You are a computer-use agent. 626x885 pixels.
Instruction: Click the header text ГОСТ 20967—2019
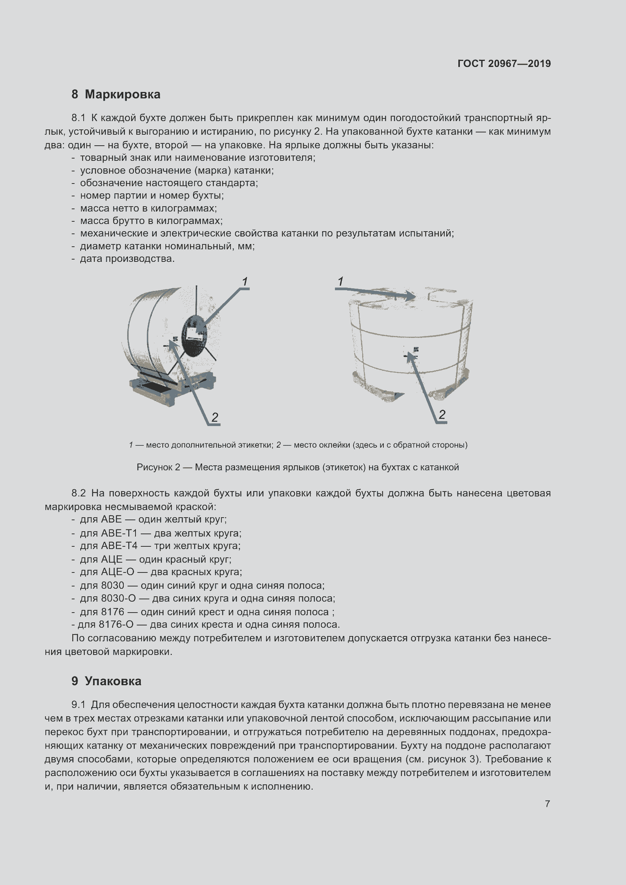coord(504,64)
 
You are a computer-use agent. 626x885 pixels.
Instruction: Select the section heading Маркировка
coord(122,95)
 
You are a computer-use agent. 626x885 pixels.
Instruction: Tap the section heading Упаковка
coord(113,681)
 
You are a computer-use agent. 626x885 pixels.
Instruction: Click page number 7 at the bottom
coord(547,804)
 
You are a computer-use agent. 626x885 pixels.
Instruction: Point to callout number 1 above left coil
coord(245,282)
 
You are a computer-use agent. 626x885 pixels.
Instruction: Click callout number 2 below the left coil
coord(215,417)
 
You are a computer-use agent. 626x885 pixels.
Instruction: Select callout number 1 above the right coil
coord(340,282)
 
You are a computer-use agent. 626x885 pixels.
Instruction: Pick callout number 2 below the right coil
coord(442,415)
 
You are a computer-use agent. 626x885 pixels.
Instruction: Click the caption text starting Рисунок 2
coord(297,468)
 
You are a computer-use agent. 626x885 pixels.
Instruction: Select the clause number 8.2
coord(79,493)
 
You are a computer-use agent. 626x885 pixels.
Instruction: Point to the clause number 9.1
coord(79,705)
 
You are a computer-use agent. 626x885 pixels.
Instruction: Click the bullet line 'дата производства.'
coord(127,259)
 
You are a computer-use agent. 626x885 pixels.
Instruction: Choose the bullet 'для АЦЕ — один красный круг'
coord(155,559)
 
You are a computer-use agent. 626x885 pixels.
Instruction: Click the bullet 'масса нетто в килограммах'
coord(148,208)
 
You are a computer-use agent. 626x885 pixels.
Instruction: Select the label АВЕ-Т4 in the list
coord(119,546)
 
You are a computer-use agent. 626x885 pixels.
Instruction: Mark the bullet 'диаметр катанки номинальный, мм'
coord(167,246)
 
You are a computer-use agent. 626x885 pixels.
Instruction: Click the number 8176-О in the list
coord(116,624)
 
